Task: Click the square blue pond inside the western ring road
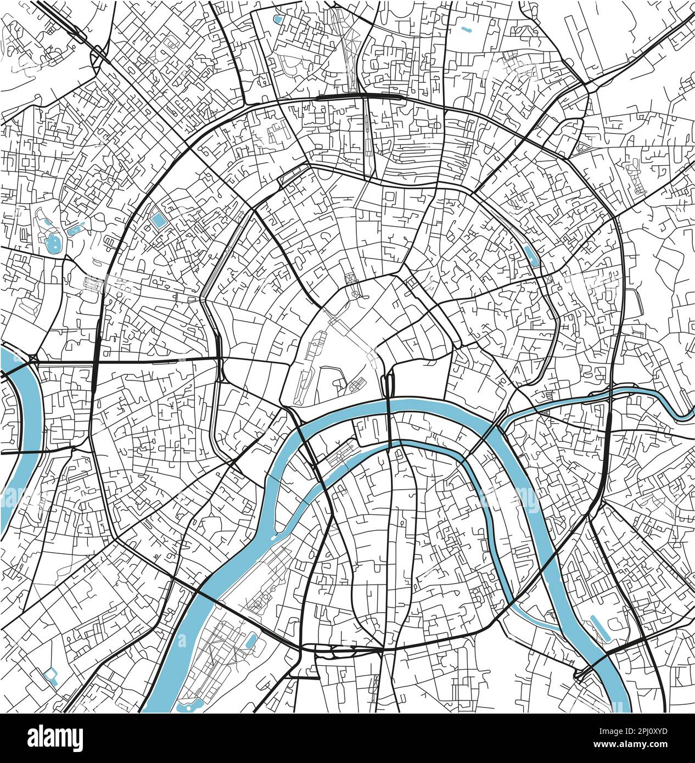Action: point(159,220)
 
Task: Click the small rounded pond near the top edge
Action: point(277,21)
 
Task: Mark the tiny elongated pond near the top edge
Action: point(467,29)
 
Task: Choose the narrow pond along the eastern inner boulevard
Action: point(531,254)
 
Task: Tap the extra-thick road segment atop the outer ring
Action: point(340,97)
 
